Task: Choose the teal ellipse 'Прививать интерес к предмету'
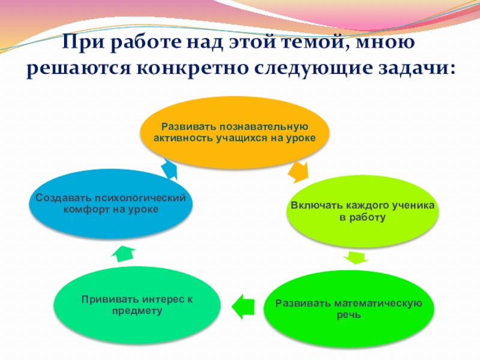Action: click(x=137, y=305)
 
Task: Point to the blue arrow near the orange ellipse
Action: click(x=170, y=169)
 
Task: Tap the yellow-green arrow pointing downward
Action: click(x=355, y=258)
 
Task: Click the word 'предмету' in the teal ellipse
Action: click(x=137, y=311)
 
